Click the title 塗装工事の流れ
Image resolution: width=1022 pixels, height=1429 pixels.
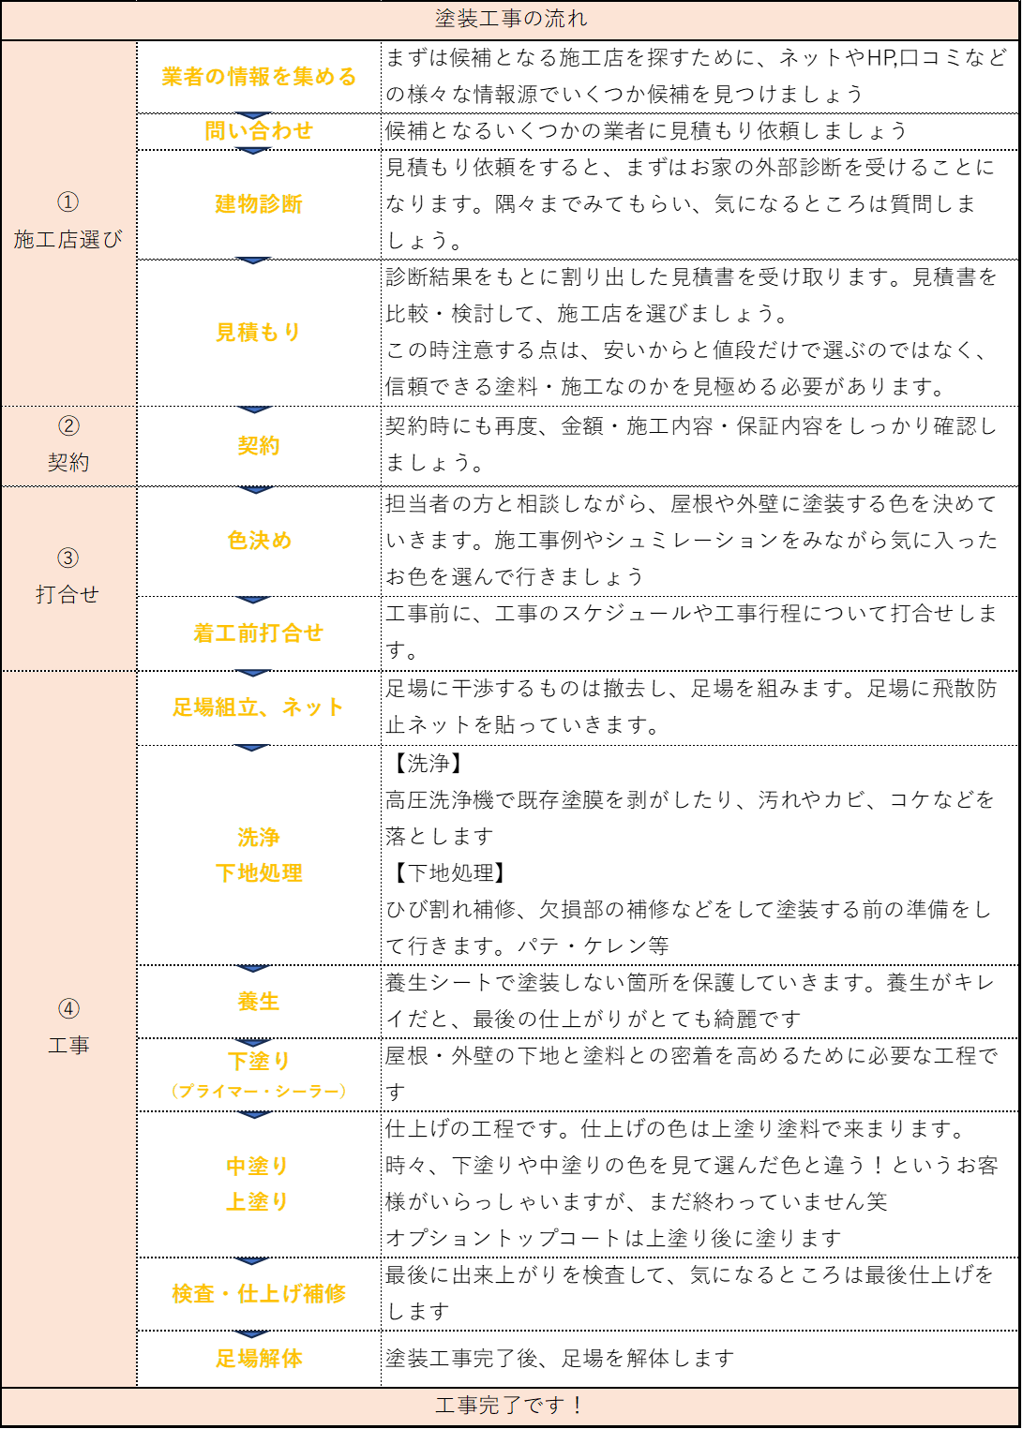coord(511,19)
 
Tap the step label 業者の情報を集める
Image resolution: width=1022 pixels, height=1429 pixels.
coord(259,77)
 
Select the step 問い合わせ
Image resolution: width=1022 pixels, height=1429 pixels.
coord(259,131)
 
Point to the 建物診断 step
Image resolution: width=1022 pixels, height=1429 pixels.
coord(259,203)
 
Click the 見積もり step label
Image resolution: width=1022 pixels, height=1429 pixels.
coord(259,332)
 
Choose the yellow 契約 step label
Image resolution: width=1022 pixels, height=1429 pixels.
coord(259,446)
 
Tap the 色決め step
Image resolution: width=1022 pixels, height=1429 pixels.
coord(259,541)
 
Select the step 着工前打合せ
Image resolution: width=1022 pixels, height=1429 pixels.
coord(259,633)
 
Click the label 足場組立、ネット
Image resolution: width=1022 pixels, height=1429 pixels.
coord(259,707)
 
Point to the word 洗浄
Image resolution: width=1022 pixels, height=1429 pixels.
coord(259,837)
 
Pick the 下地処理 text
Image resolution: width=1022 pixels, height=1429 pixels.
coord(259,873)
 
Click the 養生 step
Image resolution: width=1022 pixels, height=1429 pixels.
coord(259,1002)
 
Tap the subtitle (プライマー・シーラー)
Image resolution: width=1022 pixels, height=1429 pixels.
coord(259,1091)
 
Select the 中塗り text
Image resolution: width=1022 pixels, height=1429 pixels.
coord(258,1166)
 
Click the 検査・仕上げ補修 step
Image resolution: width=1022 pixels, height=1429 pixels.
coord(259,1294)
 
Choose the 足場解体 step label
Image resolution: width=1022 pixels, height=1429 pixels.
coord(259,1359)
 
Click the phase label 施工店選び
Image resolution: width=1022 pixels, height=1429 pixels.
coord(68,240)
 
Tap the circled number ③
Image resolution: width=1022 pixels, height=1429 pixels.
coord(68,558)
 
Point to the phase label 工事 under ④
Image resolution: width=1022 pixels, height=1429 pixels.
coord(68,1045)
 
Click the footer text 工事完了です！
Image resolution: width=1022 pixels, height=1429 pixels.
coord(511,1406)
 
